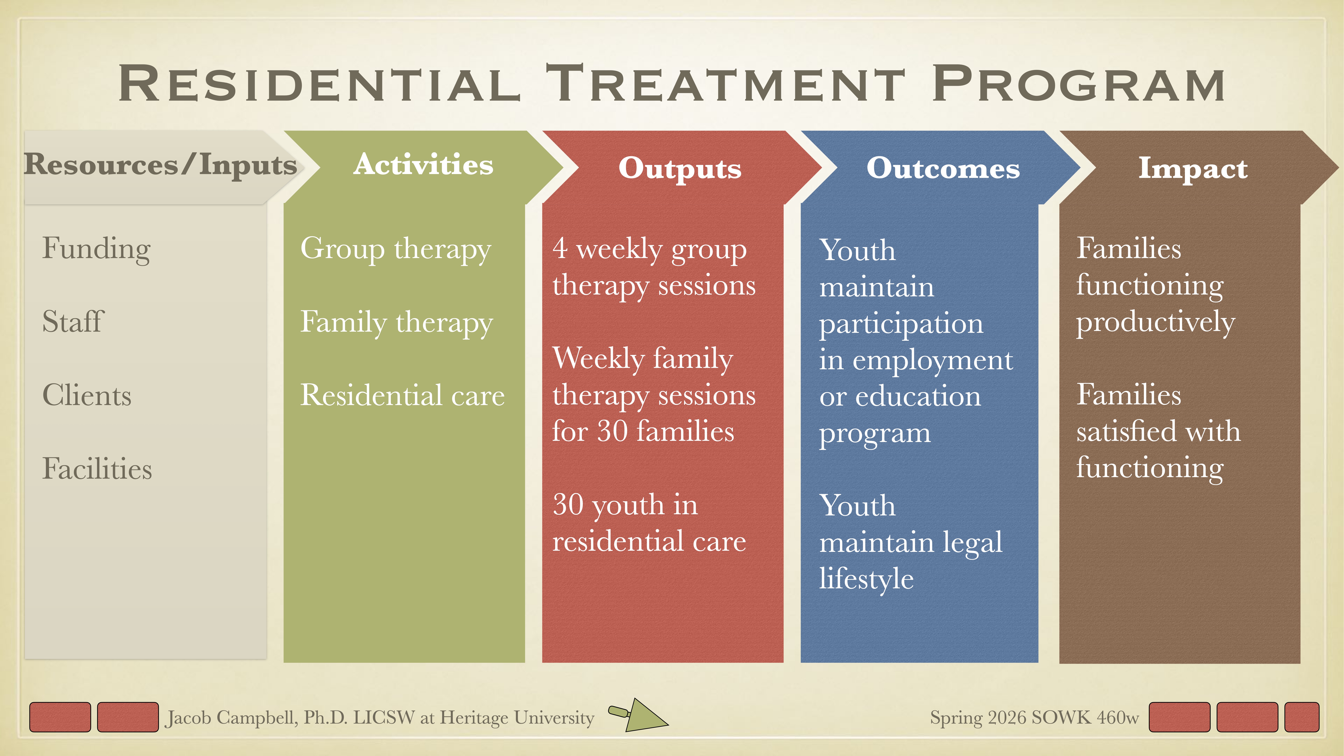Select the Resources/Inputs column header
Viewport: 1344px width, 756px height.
pyautogui.click(x=160, y=165)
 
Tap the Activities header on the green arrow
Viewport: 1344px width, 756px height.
pyautogui.click(x=423, y=165)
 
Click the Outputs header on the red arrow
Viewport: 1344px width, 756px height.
pyautogui.click(x=680, y=168)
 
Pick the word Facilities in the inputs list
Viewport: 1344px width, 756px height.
pyautogui.click(x=97, y=469)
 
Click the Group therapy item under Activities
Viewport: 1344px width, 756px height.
pyautogui.click(x=395, y=249)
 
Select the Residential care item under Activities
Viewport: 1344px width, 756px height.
pyautogui.click(x=402, y=395)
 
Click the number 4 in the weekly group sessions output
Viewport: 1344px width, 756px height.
pyautogui.click(x=560, y=248)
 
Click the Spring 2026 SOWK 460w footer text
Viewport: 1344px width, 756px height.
pyautogui.click(x=1034, y=717)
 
